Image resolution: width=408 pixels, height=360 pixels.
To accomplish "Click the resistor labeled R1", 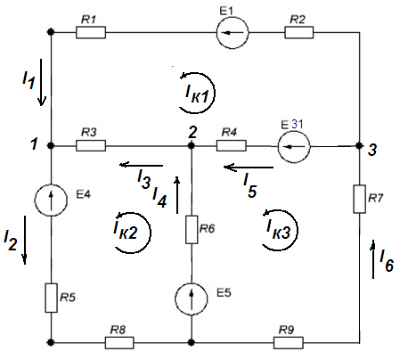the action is click(91, 32).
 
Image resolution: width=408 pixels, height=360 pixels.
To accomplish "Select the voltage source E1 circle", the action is click(233, 33).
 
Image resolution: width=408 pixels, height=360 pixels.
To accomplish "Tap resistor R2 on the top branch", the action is click(298, 32).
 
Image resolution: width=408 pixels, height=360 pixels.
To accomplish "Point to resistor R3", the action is click(91, 146).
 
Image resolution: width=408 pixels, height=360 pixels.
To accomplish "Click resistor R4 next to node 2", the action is click(232, 146).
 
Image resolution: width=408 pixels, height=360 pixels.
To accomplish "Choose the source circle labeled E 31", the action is click(294, 146).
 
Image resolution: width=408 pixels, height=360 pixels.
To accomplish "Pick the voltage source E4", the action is click(51, 200).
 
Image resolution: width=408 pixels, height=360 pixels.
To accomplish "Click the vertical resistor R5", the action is click(51, 298).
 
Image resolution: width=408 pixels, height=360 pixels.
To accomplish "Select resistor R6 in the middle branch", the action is click(192, 230).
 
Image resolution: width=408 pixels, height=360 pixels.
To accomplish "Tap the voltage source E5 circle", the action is click(192, 299).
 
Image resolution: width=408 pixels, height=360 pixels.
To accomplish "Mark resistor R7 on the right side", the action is click(360, 199).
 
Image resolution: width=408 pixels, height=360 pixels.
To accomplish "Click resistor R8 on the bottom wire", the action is click(119, 342).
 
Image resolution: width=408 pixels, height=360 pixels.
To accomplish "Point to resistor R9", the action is click(289, 342).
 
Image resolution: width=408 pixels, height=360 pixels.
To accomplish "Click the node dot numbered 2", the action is click(192, 146).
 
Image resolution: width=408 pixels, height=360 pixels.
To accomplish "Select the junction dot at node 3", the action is click(360, 146).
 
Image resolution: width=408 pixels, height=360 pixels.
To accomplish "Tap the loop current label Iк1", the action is click(197, 94).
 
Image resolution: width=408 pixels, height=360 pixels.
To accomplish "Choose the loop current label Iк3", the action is click(278, 229).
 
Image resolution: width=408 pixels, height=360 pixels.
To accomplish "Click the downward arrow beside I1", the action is click(41, 82).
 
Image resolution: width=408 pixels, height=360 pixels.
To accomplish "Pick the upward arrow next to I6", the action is click(373, 259).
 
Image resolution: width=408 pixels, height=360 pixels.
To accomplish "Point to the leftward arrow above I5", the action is click(249, 168).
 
